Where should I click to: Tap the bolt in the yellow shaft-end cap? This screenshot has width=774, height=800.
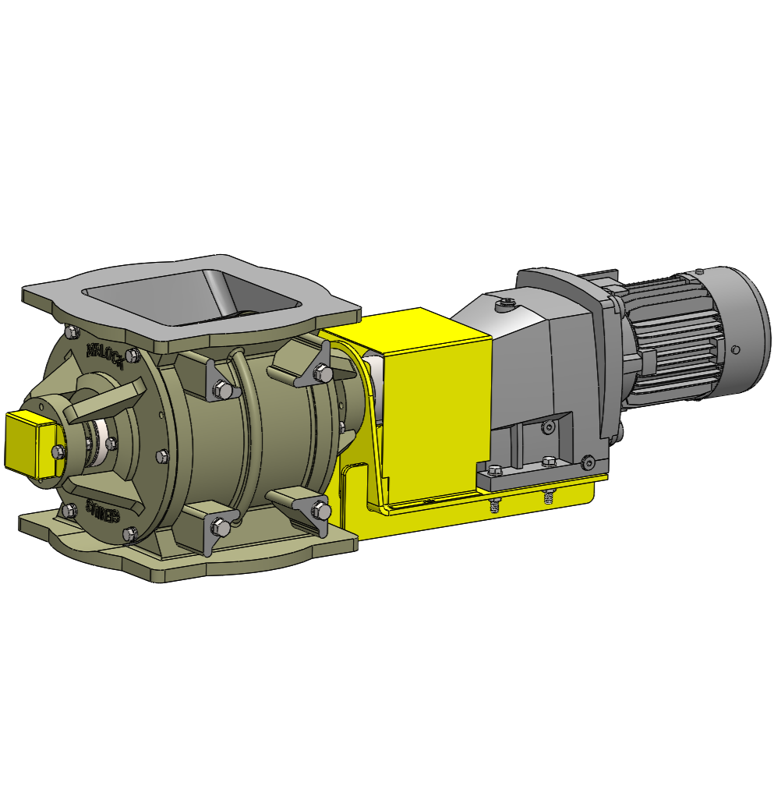pos(57,451)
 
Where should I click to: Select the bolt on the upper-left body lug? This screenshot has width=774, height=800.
pos(221,388)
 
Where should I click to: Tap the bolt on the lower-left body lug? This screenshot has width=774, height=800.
pos(221,528)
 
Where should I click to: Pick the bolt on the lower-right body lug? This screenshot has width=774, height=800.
pos(322,511)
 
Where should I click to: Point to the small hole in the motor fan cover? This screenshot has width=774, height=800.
pos(735,348)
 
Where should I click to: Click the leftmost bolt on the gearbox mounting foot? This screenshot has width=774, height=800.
pos(493,469)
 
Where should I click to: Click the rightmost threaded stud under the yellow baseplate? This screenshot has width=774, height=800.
pos(549,496)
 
